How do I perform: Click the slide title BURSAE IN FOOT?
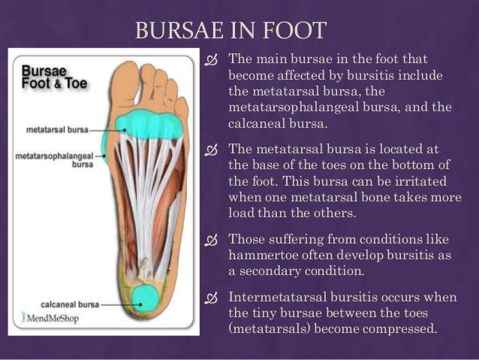[x=230, y=31]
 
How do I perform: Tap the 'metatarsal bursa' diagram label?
[x=57, y=129]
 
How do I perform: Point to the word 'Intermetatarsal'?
[x=275, y=298]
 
